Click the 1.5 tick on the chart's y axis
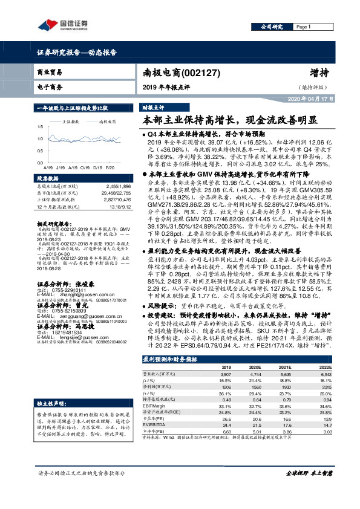click(x=40, y=127)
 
